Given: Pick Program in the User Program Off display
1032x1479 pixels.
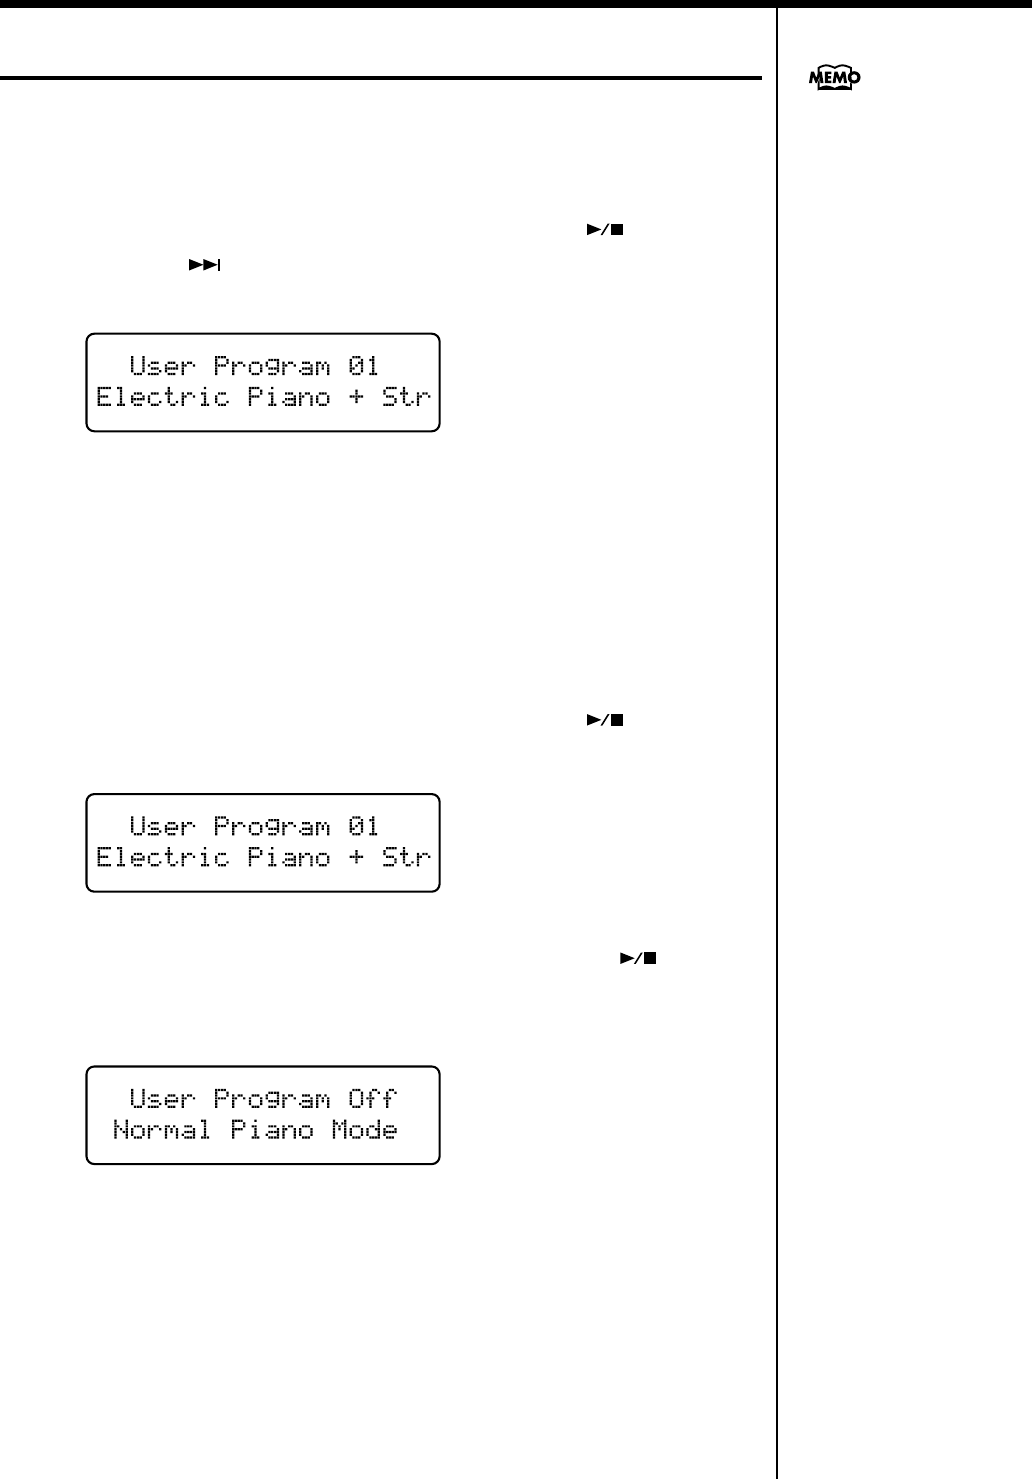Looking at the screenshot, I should pos(271,1099).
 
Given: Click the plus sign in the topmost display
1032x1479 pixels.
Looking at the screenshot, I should pos(356,397).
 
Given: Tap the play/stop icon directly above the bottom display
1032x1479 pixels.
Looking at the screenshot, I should pos(638,958).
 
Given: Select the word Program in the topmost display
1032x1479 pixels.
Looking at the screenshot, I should pos(271,366).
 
